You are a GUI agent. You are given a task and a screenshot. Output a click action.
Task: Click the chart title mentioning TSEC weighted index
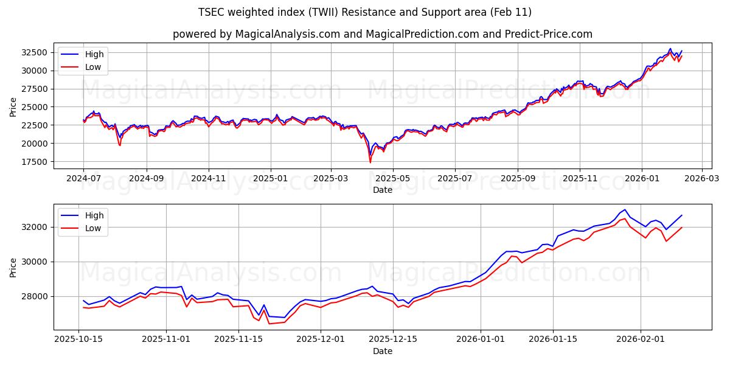364,12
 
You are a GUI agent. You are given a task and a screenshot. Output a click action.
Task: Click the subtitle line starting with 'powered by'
382,34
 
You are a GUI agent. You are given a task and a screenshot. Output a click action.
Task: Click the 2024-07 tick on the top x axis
84,179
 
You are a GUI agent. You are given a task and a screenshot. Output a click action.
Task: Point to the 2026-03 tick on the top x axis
702,179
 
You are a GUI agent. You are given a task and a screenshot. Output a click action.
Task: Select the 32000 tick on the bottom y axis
35,227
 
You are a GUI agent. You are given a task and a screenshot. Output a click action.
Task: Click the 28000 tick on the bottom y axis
35,296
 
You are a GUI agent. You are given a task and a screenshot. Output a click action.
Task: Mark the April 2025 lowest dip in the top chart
370,162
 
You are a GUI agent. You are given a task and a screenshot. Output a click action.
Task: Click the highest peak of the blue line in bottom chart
625,209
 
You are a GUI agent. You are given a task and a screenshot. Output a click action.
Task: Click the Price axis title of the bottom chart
13,266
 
